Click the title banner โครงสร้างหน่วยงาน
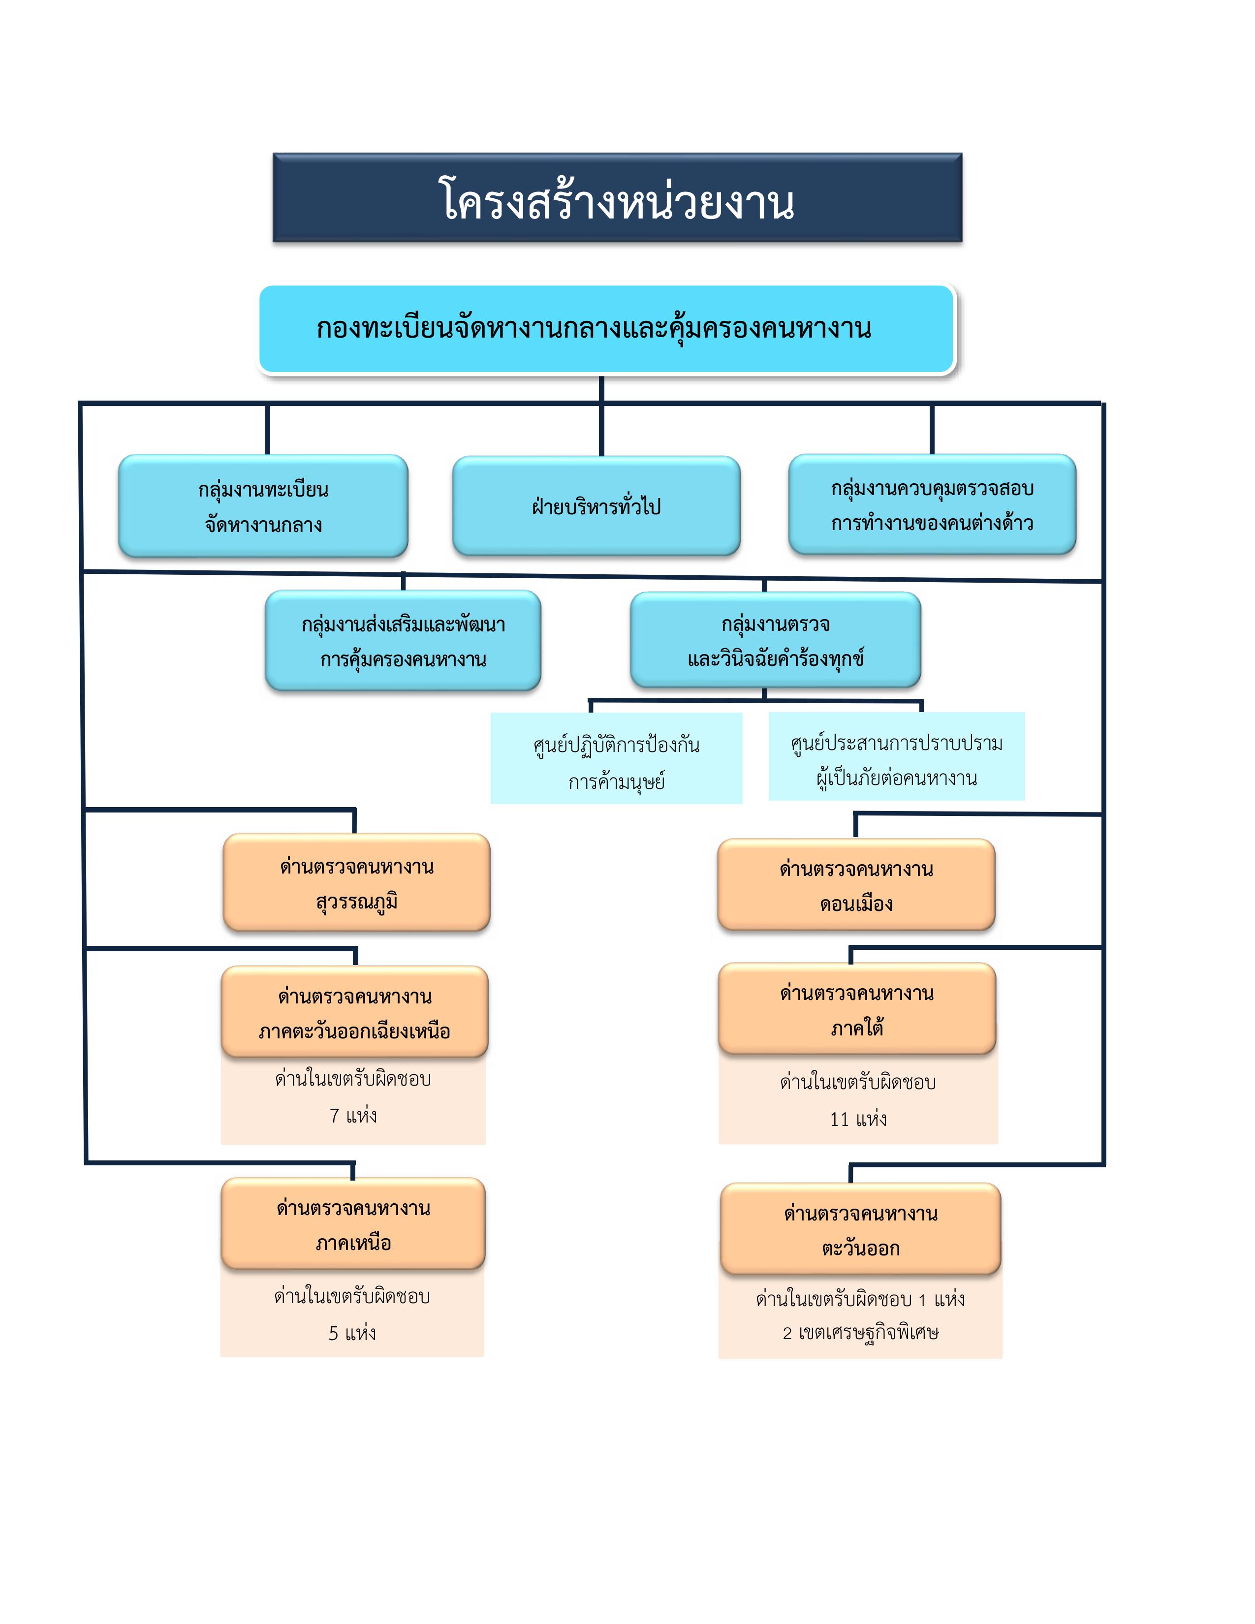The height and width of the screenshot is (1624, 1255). point(617,198)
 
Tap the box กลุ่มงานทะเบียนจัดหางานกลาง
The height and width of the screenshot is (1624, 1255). point(263,506)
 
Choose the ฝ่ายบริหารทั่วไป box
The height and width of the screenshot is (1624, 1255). point(596,506)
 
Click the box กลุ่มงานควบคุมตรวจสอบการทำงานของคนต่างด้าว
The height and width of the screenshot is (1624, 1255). point(932,505)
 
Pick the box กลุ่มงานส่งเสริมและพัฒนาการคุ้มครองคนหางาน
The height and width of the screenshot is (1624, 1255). point(403,641)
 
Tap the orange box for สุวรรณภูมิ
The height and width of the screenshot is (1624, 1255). point(357,883)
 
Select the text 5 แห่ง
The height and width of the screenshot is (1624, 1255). point(352,1333)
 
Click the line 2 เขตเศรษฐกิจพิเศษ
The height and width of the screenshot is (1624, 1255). point(860,1333)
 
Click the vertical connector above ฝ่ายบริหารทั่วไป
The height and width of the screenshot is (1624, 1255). point(601,416)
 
